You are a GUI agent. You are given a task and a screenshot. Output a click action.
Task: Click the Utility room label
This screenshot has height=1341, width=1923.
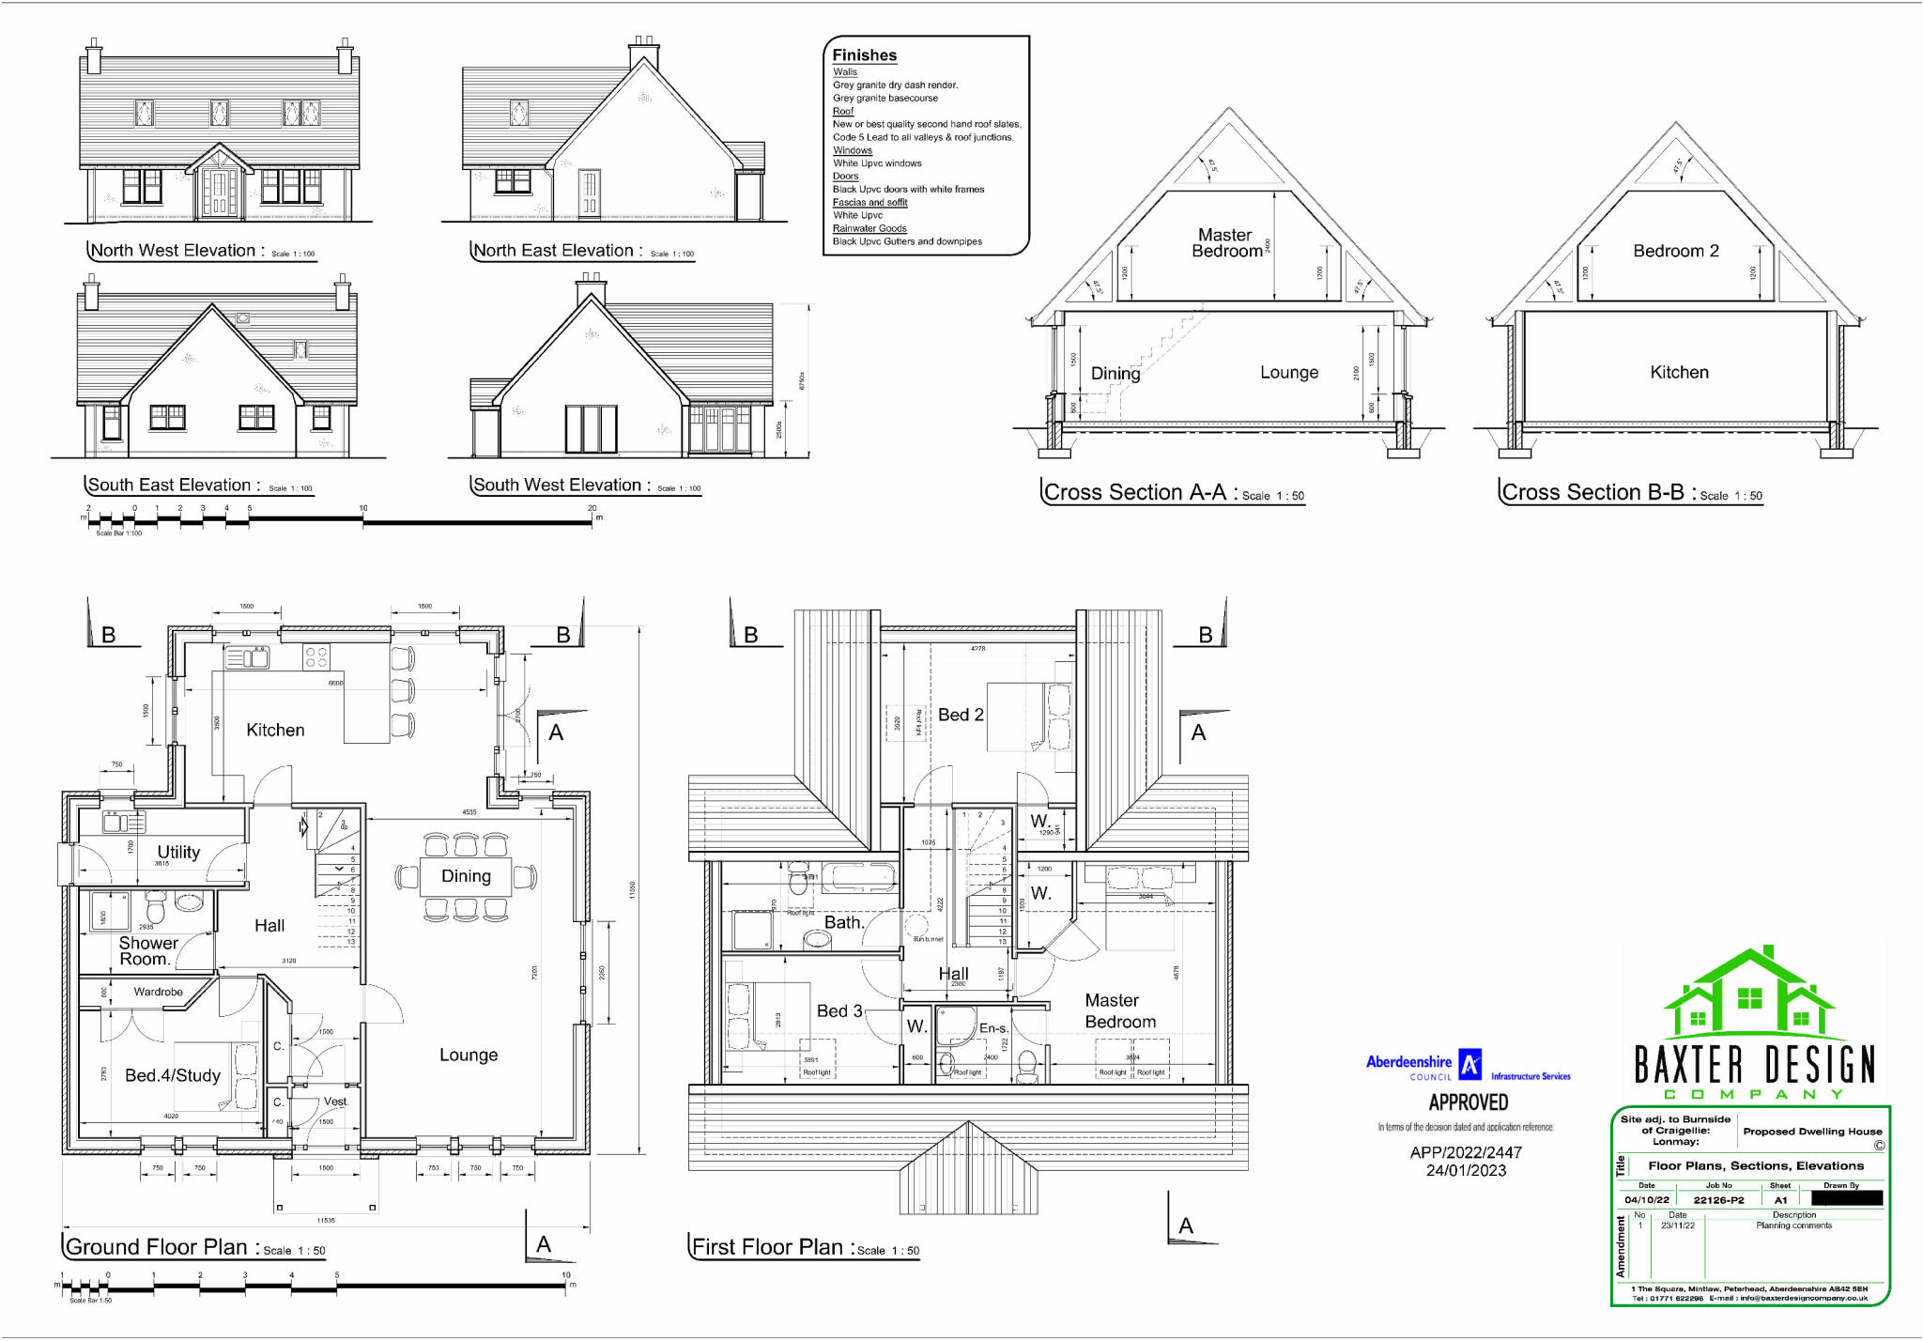178,852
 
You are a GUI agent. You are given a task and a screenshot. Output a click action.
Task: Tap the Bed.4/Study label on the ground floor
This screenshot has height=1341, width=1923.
173,1075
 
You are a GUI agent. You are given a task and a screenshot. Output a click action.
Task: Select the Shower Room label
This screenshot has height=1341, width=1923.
147,950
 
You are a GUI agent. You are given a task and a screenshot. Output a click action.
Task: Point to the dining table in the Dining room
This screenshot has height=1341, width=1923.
466,875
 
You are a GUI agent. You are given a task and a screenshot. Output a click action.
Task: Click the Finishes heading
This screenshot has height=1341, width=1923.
864,55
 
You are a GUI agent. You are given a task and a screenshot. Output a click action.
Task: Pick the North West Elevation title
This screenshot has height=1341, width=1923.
173,251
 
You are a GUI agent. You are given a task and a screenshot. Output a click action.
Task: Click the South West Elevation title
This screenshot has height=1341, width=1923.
557,486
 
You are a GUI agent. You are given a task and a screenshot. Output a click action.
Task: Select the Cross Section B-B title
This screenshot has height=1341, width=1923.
1592,492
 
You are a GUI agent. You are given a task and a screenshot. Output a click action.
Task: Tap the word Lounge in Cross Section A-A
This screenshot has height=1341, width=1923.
1288,373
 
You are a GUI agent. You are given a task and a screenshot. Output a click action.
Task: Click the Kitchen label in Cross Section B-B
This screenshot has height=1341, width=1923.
1679,373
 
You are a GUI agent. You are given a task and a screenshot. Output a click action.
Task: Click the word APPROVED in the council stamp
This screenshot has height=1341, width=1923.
1468,1102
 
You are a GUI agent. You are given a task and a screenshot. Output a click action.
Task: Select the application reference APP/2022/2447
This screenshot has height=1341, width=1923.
1466,1152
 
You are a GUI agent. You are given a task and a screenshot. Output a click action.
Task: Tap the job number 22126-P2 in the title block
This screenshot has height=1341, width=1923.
1718,1200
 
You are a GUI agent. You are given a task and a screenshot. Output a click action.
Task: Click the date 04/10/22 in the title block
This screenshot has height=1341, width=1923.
1647,1200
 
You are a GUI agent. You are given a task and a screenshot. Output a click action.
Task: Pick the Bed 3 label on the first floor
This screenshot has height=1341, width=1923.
838,1010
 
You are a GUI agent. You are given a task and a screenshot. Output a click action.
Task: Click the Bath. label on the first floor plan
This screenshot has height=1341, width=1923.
843,922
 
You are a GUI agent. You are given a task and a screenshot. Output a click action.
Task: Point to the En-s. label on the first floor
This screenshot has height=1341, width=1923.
993,1028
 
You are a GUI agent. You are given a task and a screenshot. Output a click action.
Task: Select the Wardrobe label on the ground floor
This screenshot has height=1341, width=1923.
158,992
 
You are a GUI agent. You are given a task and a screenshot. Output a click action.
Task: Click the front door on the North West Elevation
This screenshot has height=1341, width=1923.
219,193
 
